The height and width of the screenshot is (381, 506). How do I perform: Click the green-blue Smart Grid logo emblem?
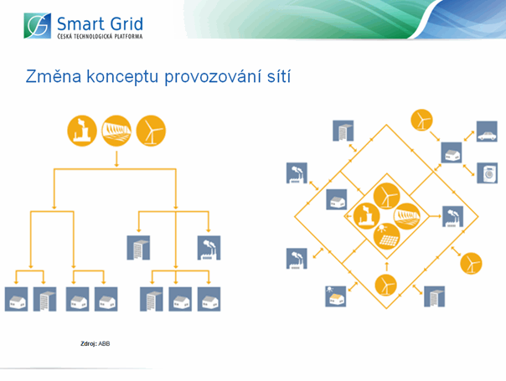(38, 26)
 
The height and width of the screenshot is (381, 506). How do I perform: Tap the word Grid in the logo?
(126, 24)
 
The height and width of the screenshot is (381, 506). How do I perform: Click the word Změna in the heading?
(54, 76)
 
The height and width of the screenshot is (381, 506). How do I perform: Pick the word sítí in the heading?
(279, 76)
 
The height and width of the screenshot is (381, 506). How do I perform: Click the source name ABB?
(104, 344)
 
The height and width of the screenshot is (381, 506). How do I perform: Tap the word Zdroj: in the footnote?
(89, 344)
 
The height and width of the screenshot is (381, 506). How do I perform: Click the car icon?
(487, 131)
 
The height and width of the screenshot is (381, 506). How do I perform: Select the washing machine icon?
(488, 173)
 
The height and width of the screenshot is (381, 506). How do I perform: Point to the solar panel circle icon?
(386, 236)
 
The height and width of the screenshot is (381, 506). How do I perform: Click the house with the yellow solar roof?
(336, 296)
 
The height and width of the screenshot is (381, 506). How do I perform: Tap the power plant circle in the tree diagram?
(82, 131)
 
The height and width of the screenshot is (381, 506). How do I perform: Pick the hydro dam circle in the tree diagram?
(116, 131)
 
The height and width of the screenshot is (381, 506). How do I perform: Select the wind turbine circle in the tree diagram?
(151, 131)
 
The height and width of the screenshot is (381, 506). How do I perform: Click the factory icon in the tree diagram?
(209, 248)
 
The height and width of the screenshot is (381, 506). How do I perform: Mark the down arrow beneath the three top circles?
(116, 159)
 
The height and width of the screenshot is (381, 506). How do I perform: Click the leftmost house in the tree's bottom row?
(17, 299)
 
